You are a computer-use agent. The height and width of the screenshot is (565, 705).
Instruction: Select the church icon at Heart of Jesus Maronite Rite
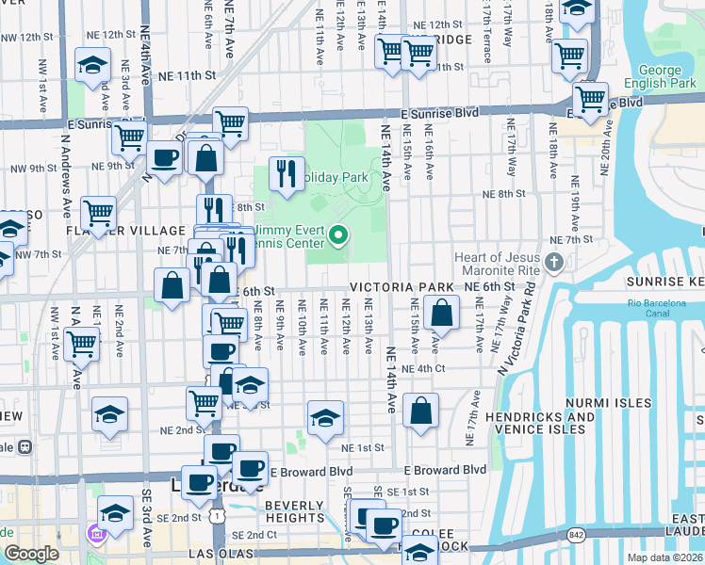[x=556, y=261]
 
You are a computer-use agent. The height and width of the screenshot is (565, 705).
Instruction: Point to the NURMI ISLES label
[x=608, y=402]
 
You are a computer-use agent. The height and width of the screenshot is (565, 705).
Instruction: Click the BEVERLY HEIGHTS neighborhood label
[x=295, y=512]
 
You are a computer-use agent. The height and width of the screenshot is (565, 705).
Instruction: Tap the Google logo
[x=31, y=553]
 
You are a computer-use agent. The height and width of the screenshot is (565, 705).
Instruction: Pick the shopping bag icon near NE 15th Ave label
[x=441, y=312]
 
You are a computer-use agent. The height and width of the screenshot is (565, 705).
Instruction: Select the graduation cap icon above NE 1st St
[x=325, y=417]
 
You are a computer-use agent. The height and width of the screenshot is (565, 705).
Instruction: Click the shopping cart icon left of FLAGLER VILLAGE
[x=98, y=212]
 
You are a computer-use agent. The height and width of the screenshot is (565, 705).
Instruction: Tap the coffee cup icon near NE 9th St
[x=164, y=157]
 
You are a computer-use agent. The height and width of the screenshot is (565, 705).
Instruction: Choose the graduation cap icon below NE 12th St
[x=92, y=65]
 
